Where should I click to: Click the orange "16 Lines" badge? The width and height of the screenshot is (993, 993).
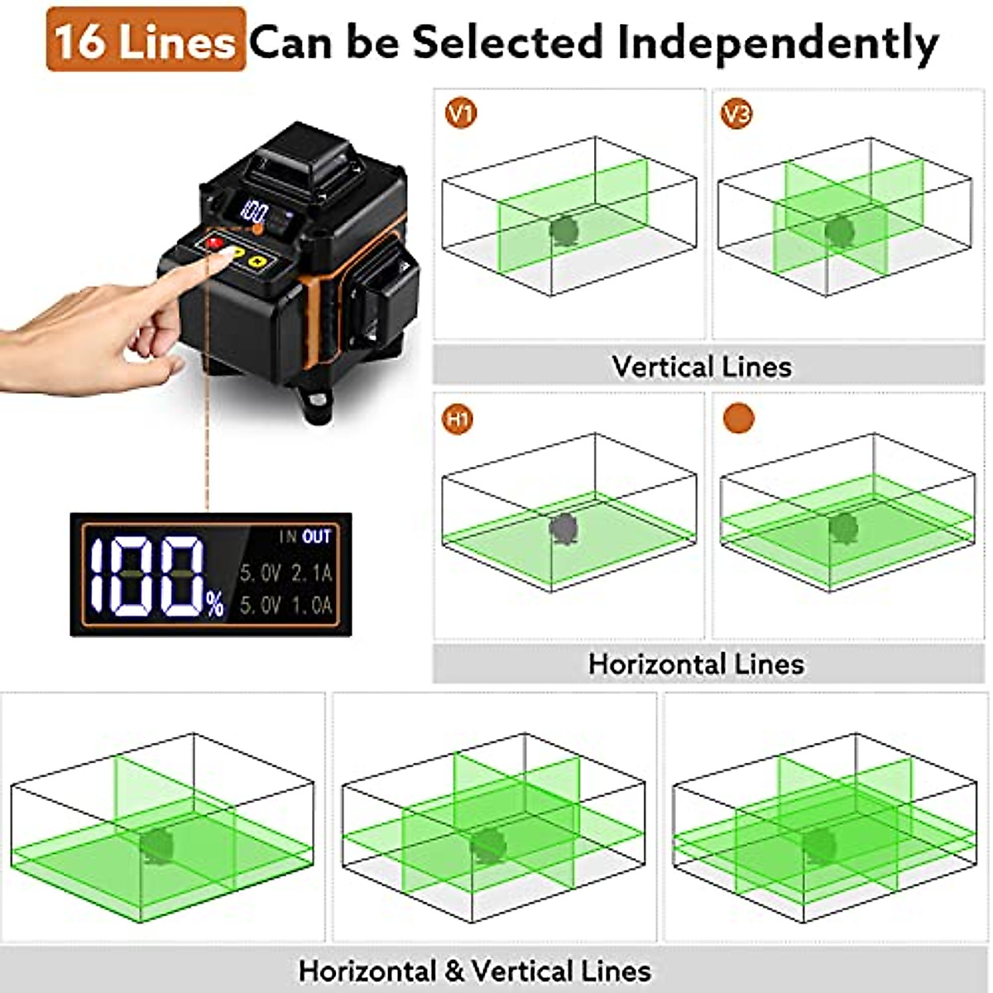tap(146, 40)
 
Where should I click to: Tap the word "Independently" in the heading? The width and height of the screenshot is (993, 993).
tap(778, 41)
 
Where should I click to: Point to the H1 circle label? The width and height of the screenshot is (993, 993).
tap(458, 419)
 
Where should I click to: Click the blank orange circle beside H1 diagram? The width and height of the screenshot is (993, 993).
tap(738, 419)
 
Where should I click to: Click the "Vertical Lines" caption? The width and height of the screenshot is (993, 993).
tap(702, 366)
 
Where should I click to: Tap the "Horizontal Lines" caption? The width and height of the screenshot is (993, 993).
tap(696, 664)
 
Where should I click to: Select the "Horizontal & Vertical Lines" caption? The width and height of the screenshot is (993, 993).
tap(474, 970)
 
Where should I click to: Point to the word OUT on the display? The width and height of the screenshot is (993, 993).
tap(316, 537)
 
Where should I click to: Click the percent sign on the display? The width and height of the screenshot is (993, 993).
tap(215, 606)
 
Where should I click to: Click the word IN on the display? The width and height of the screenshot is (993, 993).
tap(287, 537)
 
